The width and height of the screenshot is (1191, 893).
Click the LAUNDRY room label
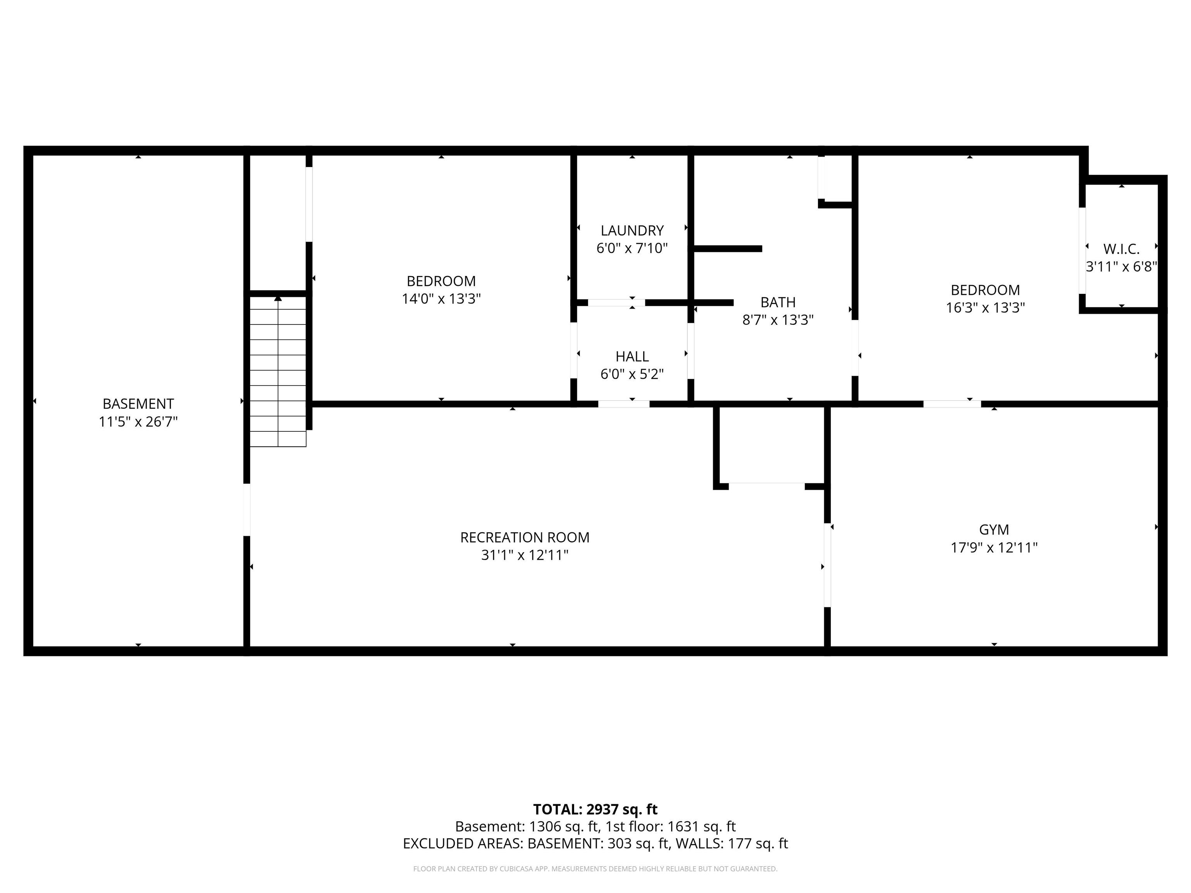pos(632,230)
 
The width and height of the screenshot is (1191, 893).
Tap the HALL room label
pos(632,356)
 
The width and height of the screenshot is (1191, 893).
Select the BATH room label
pos(778,302)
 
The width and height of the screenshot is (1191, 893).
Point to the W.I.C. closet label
pos(1122,249)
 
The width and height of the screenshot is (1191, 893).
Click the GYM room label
pos(994,530)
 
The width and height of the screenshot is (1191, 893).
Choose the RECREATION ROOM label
pos(525,537)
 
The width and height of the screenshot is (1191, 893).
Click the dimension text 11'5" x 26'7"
pos(138,421)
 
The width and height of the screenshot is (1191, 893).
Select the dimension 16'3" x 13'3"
pos(985,308)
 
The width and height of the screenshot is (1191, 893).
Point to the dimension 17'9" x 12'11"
pos(994,547)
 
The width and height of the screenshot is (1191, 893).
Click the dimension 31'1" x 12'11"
pos(525,555)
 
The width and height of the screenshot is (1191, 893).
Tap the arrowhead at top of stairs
pos(278,298)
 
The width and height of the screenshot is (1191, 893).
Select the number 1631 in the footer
pos(683,826)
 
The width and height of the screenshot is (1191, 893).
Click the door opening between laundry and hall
pos(616,302)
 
